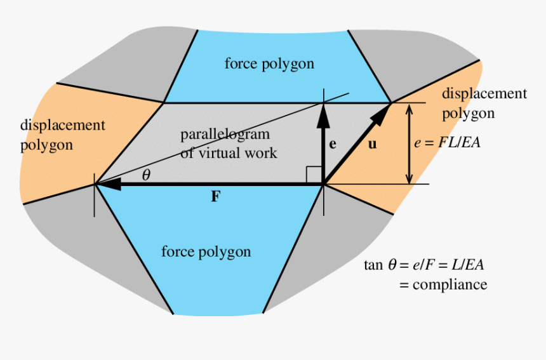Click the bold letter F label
pos(216,196)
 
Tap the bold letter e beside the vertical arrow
pos(332,144)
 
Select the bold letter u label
pos(372,144)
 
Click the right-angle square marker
pos(313,175)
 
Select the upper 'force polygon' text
pos(269,63)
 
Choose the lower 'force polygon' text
pos(206,251)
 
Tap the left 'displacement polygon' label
pos(62,135)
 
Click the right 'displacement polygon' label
pos(484,103)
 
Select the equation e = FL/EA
pos(447,143)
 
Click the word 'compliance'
pos(450,284)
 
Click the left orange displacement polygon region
pos(51,165)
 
